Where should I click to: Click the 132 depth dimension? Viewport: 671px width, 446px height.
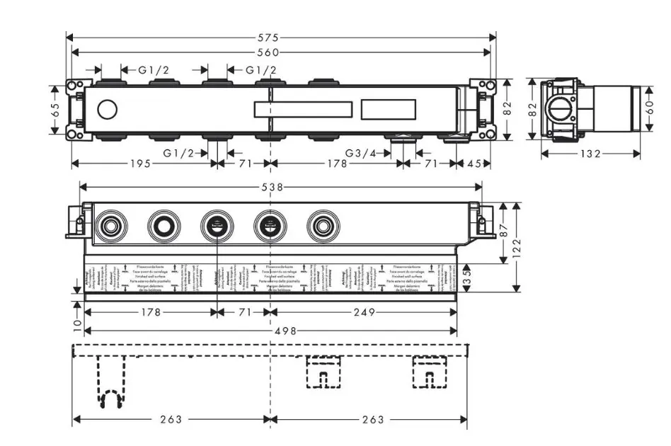click(x=590, y=154)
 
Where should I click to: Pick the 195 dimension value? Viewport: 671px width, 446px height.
click(x=140, y=164)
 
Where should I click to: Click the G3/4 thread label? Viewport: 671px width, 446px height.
click(x=360, y=153)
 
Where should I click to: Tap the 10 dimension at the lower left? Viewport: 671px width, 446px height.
click(x=76, y=323)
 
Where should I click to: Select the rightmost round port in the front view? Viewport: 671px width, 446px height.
click(x=323, y=227)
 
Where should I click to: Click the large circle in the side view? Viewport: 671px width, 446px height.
click(x=560, y=109)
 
